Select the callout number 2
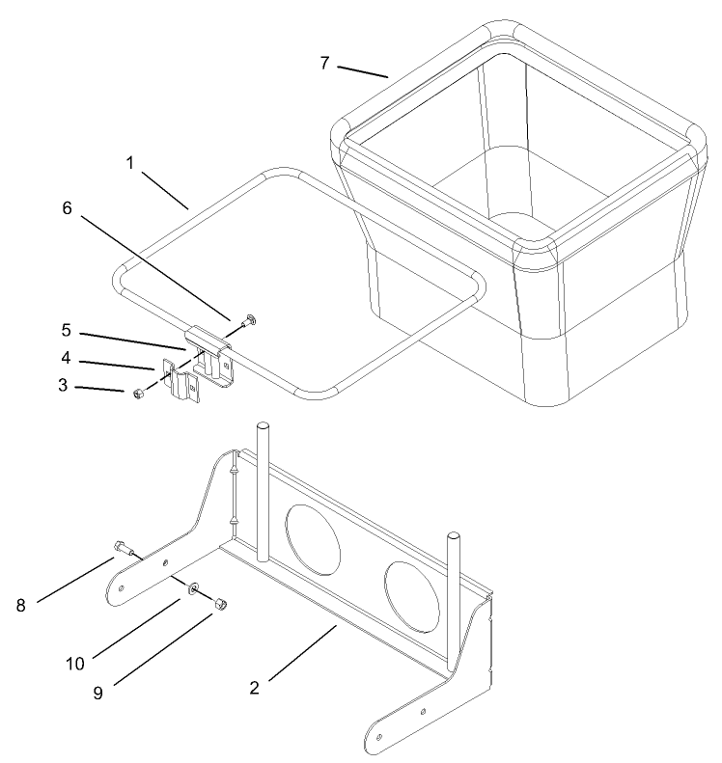(254, 688)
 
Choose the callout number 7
(325, 63)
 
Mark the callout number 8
(19, 605)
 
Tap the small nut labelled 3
(139, 393)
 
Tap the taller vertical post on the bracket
(261, 487)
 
